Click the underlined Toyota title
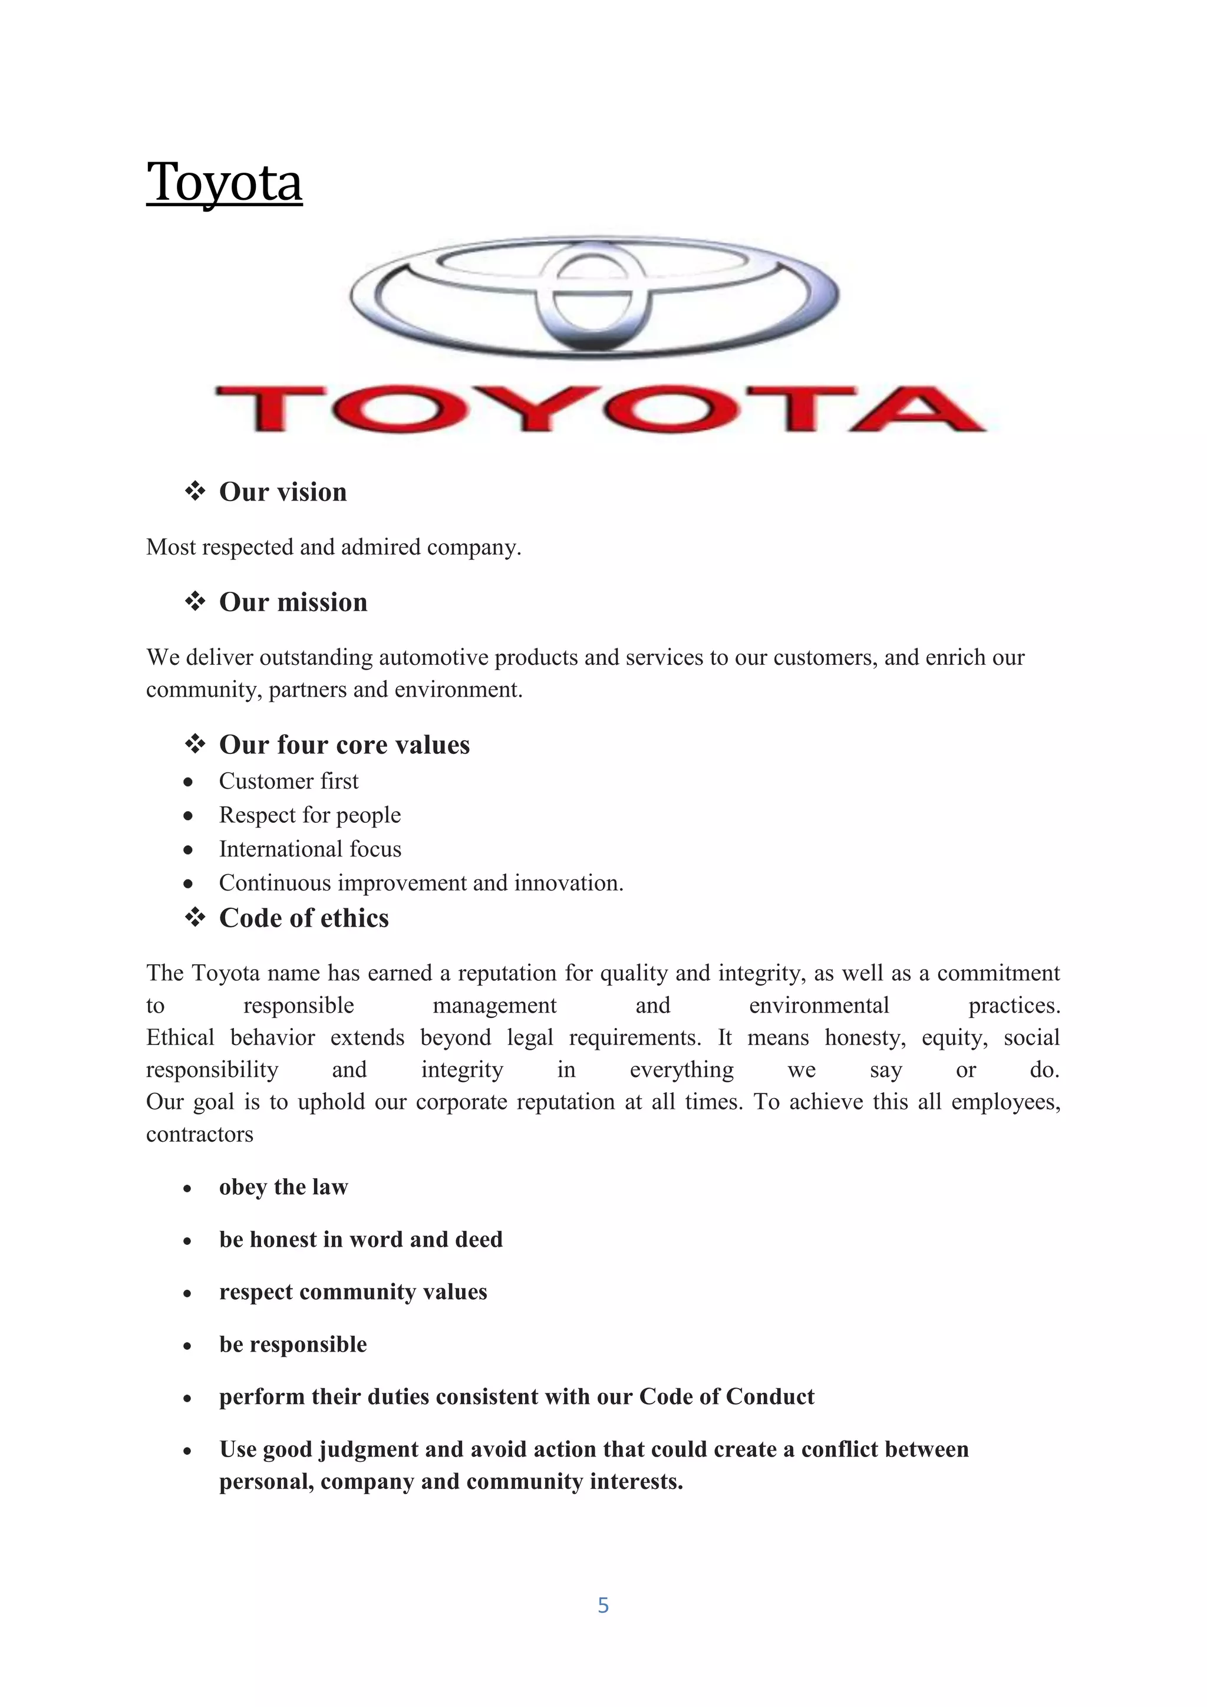point(224,182)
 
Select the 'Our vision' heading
point(282,492)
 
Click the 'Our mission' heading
point(293,602)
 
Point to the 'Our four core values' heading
point(344,745)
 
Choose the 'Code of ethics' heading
point(304,918)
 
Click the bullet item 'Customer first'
point(288,782)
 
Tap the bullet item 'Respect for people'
point(309,816)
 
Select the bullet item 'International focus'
point(310,849)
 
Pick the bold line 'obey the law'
point(283,1187)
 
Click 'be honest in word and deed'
point(361,1240)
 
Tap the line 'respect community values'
point(353,1291)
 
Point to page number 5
point(603,1605)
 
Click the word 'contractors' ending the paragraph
point(199,1135)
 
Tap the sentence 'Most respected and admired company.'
point(334,547)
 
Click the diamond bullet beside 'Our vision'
point(194,490)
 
